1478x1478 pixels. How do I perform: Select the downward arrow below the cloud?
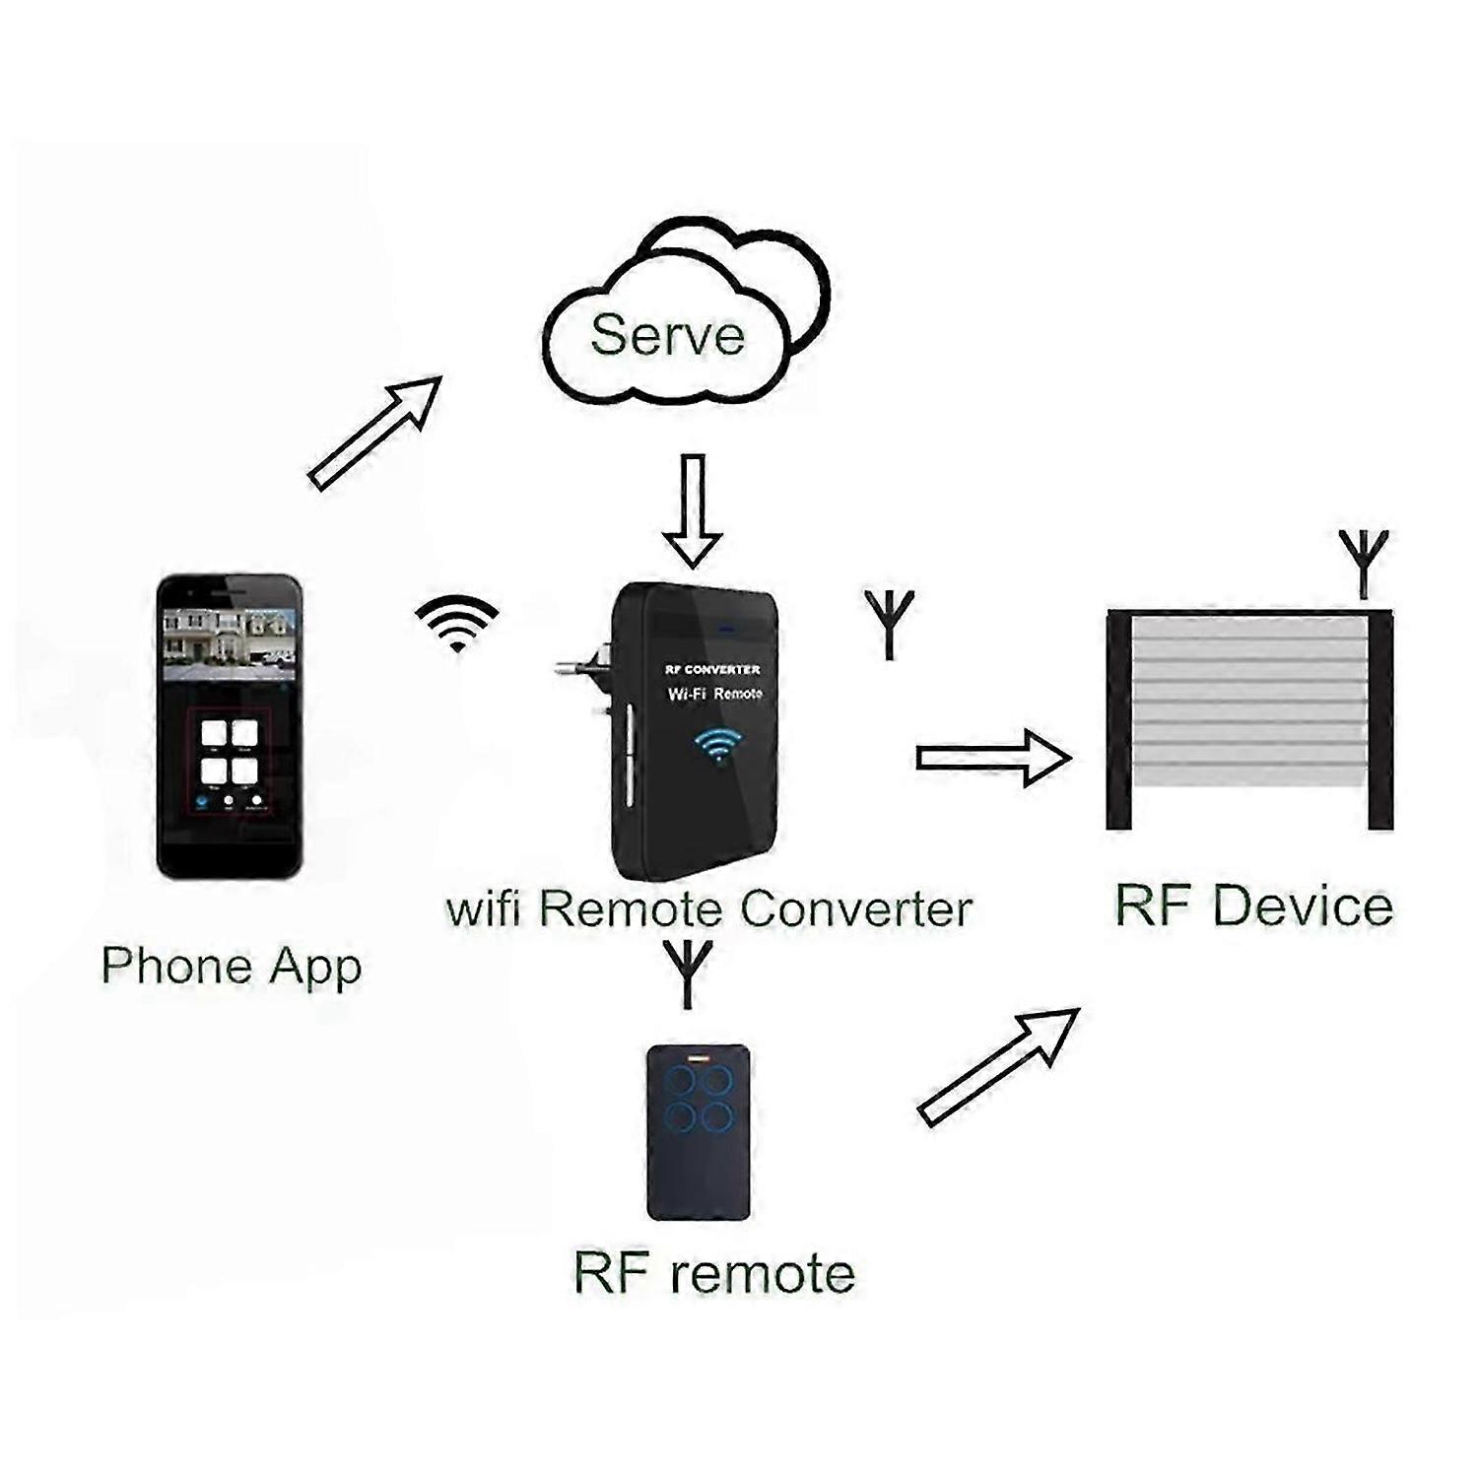[693, 510]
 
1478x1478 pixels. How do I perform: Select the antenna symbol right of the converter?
[890, 624]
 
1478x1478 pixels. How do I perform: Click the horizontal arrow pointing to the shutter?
[994, 757]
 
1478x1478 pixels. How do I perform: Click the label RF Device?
[1254, 906]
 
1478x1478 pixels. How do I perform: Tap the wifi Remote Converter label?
[709, 907]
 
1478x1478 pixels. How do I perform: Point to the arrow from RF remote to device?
[998, 1065]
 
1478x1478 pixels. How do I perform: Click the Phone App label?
[232, 967]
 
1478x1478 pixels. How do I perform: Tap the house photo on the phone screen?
[230, 643]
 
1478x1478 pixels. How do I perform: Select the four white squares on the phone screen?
[230, 752]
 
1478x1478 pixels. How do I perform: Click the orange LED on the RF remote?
[698, 1060]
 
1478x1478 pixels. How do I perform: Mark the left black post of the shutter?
[1119, 720]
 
